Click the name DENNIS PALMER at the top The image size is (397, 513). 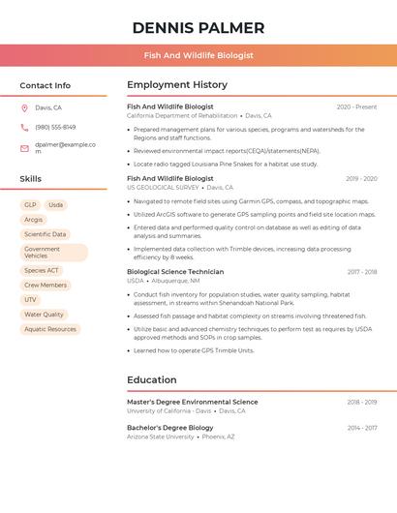[198, 27]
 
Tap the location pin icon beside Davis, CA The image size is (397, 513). [24, 107]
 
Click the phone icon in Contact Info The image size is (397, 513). [24, 127]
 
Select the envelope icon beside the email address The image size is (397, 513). [24, 148]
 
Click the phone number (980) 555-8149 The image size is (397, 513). [55, 127]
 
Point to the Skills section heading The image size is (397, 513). [31, 179]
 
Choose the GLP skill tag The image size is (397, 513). [30, 205]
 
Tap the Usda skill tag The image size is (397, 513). [55, 205]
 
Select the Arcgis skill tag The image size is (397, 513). [34, 220]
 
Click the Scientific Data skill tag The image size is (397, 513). [46, 234]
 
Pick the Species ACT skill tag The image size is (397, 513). [42, 271]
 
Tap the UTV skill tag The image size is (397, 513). [30, 300]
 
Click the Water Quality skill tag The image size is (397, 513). [44, 315]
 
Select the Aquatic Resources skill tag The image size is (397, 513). [50, 329]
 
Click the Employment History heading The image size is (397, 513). [177, 85]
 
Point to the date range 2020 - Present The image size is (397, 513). [356, 106]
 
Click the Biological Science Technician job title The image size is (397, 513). [175, 272]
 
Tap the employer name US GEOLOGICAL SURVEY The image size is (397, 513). [162, 188]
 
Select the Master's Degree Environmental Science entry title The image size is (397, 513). [192, 402]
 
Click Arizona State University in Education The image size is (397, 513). [161, 437]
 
